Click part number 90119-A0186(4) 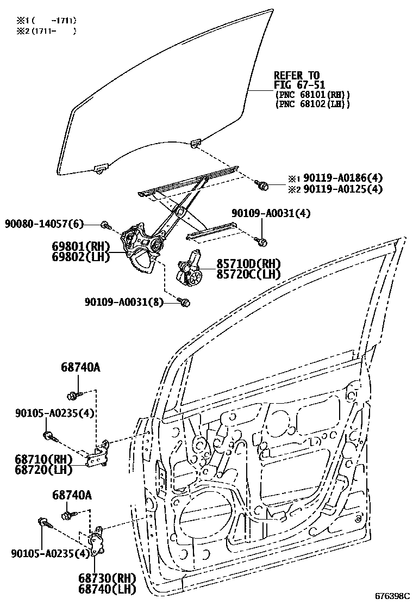point(342,178)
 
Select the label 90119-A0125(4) point(342,189)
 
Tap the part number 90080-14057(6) point(45,224)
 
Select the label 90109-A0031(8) point(124,302)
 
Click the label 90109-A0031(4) point(271,213)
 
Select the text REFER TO point(296,75)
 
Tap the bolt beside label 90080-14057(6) point(105,224)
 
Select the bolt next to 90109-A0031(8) point(184,302)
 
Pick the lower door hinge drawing point(96,541)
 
